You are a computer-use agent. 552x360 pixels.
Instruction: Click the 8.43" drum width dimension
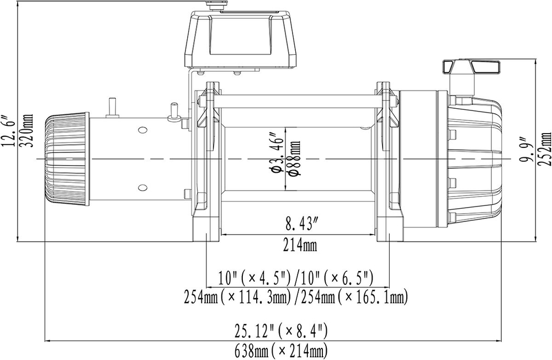click(301, 224)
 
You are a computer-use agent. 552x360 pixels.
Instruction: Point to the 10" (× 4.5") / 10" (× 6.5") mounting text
click(296, 276)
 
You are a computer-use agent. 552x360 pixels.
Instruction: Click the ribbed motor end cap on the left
click(66, 160)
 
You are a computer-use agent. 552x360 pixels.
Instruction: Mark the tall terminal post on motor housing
click(113, 107)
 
